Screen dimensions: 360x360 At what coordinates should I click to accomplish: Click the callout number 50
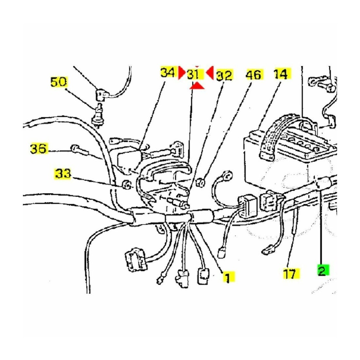(59, 82)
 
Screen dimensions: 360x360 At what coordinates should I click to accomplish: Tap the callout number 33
(63, 174)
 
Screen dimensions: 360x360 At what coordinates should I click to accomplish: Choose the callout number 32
(224, 75)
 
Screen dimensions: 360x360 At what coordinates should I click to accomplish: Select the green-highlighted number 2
(323, 271)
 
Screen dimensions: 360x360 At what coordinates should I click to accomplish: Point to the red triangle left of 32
(210, 73)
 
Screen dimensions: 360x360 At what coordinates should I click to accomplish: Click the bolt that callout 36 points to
(80, 150)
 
